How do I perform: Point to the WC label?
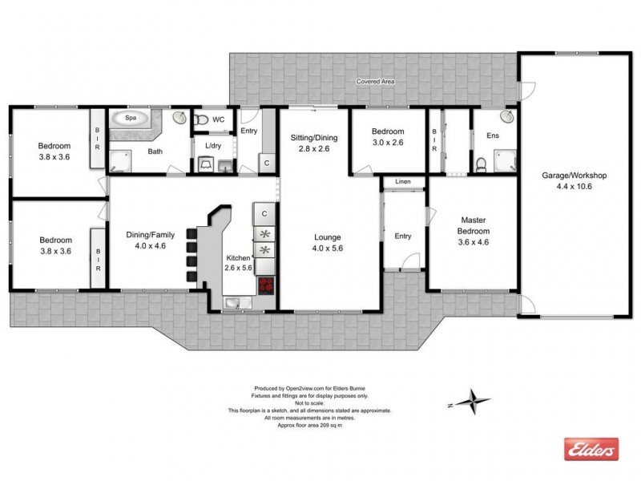point(218,120)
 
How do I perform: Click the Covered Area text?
point(378,81)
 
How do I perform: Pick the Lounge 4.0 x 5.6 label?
point(329,243)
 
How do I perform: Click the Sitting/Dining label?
point(314,143)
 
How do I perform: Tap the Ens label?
point(493,136)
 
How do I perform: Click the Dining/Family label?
point(151,240)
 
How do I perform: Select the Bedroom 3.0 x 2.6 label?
point(387,137)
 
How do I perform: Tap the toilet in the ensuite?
point(480,166)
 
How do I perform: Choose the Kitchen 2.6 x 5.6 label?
point(238,262)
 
